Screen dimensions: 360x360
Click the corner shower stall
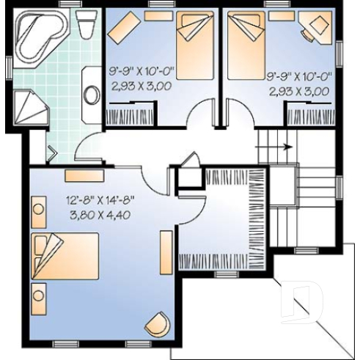tap(29, 107)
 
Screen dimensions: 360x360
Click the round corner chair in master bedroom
tap(156, 323)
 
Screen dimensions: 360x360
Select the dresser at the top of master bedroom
tap(78, 175)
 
